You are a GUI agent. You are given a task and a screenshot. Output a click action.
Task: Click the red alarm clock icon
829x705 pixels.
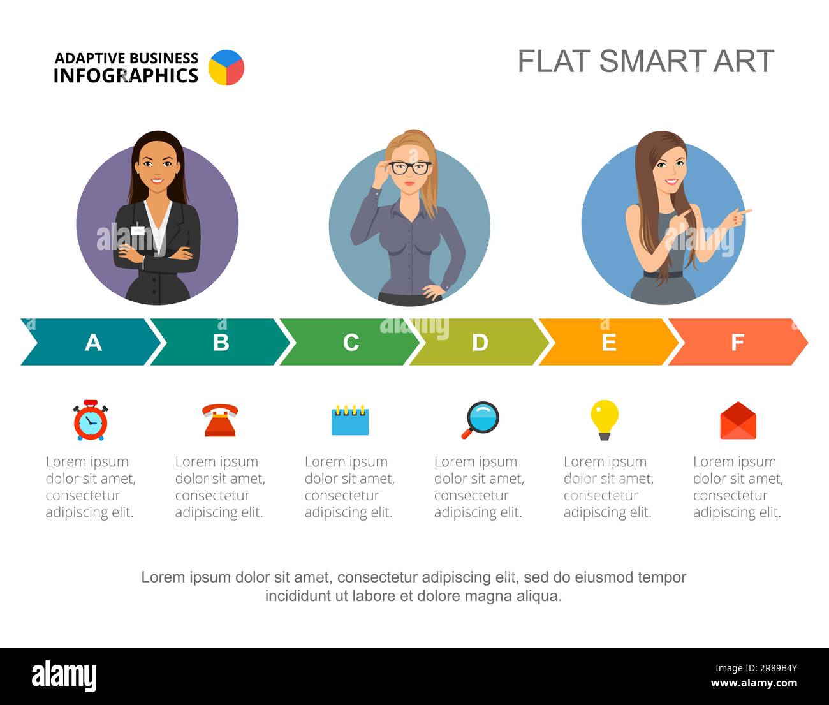(91, 420)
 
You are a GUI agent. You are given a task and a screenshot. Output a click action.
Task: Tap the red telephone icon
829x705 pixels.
(220, 420)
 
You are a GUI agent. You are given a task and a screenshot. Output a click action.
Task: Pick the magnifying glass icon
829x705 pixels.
(480, 420)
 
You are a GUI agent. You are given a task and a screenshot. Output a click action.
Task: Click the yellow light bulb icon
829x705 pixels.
(605, 420)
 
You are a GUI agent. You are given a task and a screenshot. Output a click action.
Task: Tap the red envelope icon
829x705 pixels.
(738, 420)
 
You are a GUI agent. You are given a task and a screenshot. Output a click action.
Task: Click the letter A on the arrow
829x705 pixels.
(93, 342)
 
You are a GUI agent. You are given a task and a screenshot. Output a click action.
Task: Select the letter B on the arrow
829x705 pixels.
(221, 342)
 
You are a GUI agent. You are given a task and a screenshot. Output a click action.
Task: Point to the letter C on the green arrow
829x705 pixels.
(351, 342)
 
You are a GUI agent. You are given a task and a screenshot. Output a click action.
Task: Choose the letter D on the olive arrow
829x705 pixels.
(480, 342)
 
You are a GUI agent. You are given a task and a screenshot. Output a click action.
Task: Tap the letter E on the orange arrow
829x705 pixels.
(609, 342)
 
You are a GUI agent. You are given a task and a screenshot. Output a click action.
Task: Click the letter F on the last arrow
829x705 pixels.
(738, 342)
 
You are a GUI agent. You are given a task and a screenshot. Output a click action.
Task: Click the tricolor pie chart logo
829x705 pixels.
(226, 68)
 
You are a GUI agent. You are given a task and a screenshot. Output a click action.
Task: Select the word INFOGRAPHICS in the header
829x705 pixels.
(126, 75)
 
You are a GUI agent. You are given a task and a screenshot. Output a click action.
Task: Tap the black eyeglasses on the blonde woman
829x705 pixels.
(410, 168)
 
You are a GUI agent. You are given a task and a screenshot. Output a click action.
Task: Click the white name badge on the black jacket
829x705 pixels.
(137, 231)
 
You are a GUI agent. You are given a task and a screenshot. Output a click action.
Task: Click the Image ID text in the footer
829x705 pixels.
(756, 668)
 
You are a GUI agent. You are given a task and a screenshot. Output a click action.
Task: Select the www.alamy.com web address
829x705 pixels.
(754, 683)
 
